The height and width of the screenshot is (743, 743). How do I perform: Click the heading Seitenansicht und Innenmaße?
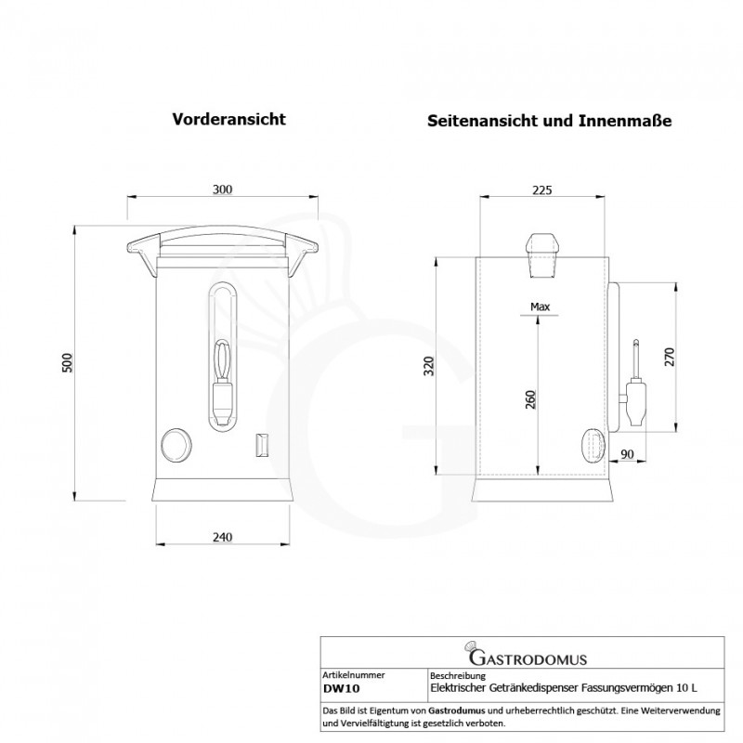549,121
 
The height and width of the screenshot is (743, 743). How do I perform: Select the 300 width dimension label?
222,189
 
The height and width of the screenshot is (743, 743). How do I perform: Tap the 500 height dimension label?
66,362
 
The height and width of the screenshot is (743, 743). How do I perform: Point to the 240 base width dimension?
222,537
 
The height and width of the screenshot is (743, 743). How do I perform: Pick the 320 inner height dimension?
428,367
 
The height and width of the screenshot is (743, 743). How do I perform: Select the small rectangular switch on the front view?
262,445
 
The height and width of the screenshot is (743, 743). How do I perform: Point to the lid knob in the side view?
542,253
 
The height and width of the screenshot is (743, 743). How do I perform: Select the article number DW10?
341,689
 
